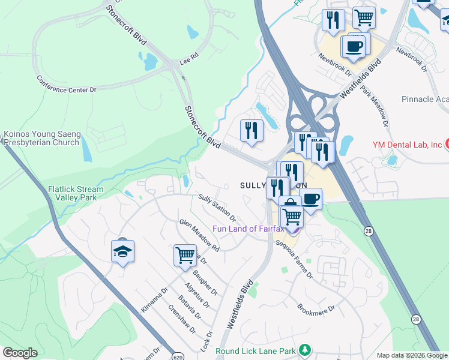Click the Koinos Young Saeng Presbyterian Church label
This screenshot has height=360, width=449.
[x=41, y=138]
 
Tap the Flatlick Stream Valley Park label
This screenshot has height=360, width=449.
[x=76, y=193]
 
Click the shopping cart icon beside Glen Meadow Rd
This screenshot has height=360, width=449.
[x=185, y=254]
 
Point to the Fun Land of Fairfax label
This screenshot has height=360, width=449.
[x=251, y=229]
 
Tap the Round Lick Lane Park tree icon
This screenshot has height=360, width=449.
[x=306, y=349]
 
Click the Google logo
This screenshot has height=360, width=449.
[x=20, y=353]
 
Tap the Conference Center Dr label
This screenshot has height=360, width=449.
[x=66, y=84]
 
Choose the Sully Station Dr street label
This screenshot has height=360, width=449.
[x=217, y=207]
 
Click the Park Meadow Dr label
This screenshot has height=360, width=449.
[x=375, y=106]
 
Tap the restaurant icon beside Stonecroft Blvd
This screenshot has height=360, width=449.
[x=252, y=131]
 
